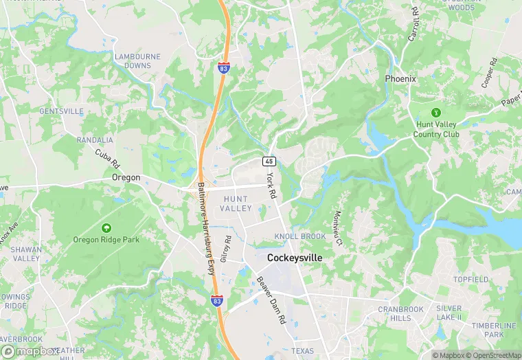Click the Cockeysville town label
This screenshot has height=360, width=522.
pyautogui.click(x=294, y=258)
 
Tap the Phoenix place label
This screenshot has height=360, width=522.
pyautogui.click(x=400, y=79)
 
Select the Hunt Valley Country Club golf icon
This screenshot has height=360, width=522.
pyautogui.click(x=435, y=112)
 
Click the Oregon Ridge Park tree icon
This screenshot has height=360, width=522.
pyautogui.click(x=106, y=227)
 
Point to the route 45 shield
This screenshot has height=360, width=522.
pyautogui.click(x=269, y=161)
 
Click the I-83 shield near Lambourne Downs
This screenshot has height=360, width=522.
pyautogui.click(x=223, y=68)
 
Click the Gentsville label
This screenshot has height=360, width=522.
pyautogui.click(x=61, y=111)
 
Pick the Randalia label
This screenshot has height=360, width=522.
pyautogui.click(x=95, y=139)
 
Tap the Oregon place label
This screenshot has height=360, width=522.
pyautogui.click(x=126, y=177)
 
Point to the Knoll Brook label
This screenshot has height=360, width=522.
pyautogui.click(x=300, y=236)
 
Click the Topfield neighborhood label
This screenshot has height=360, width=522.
pyautogui.click(x=470, y=280)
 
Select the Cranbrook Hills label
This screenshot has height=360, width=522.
pyautogui.click(x=400, y=314)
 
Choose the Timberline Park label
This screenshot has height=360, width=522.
pyautogui.click(x=494, y=330)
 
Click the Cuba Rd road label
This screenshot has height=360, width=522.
pyautogui.click(x=108, y=159)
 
